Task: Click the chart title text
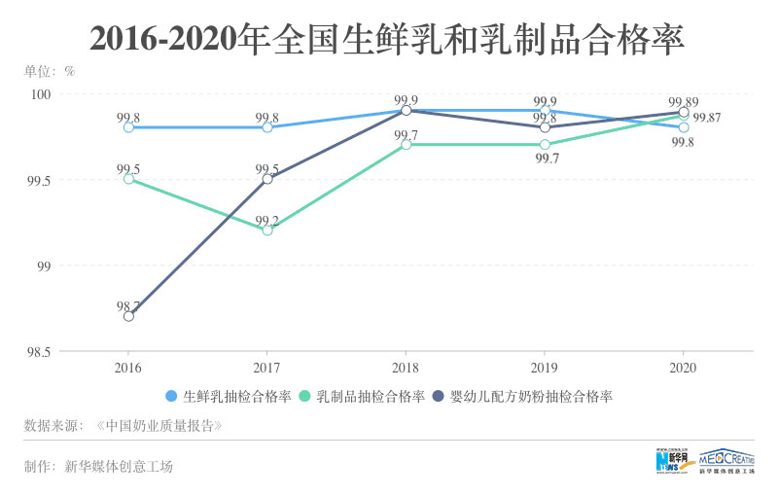[x=388, y=38]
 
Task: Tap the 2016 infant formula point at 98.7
[x=128, y=316]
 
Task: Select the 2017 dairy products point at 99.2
[x=267, y=230]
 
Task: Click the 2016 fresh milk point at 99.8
[x=128, y=127]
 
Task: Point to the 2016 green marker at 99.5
[x=128, y=179]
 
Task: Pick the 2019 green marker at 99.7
[x=545, y=145]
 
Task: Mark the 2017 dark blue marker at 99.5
[x=267, y=179]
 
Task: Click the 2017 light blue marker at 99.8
[x=267, y=127]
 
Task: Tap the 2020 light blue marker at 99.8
[x=684, y=127]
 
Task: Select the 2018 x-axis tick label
[x=406, y=369]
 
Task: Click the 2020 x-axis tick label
[x=684, y=369]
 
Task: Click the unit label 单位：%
[x=50, y=70]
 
